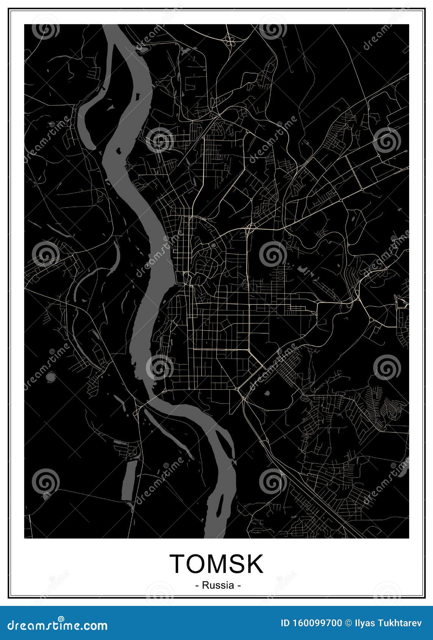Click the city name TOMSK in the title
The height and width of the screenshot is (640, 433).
pos(216,564)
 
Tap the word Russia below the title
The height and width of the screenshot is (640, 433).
pos(218,585)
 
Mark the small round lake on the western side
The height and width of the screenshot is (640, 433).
pos(50,377)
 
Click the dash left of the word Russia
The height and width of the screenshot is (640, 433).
pos(197,585)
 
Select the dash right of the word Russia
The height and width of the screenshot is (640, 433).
pos(239,585)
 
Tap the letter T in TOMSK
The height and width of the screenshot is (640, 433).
pos(177,564)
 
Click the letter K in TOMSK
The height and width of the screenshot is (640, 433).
pos(254,564)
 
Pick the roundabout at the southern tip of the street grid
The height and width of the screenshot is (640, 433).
pos(238,389)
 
